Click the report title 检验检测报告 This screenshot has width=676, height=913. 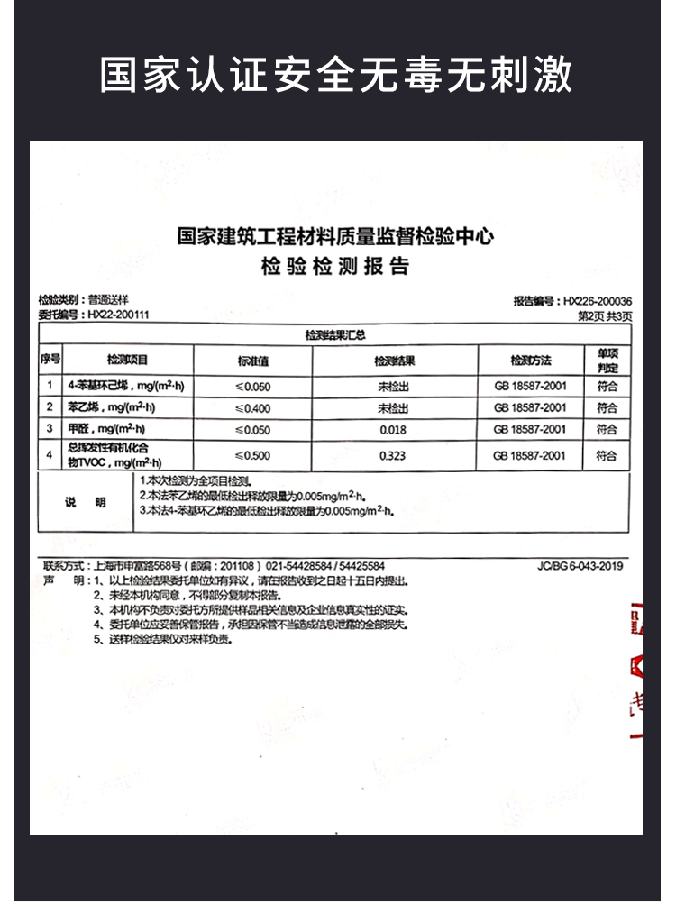(334, 268)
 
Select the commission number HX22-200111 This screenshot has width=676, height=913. (118, 315)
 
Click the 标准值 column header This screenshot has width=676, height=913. (253, 361)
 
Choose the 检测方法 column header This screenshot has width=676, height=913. (530, 361)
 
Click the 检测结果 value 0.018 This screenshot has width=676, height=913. (393, 430)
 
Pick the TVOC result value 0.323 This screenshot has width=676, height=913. (393, 455)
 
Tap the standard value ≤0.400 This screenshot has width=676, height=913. (253, 408)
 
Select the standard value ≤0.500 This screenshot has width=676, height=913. (253, 455)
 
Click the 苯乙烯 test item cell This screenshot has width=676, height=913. (126, 408)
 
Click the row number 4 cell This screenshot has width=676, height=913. (49, 455)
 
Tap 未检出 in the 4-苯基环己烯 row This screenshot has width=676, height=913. (393, 386)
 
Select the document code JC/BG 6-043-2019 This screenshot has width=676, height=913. (580, 566)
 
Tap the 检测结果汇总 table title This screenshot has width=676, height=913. (334, 335)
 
